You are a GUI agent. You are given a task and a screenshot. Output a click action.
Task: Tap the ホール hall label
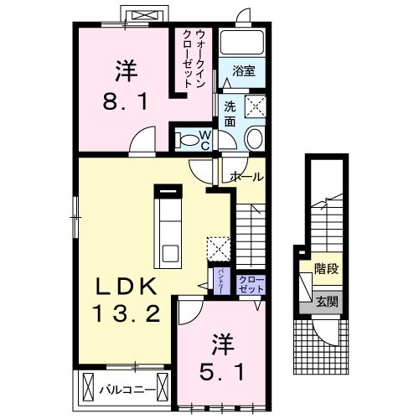[x=246, y=177]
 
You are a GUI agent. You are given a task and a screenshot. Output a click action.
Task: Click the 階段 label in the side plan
[x=327, y=270]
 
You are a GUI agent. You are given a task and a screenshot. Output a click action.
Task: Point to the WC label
[x=204, y=140]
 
